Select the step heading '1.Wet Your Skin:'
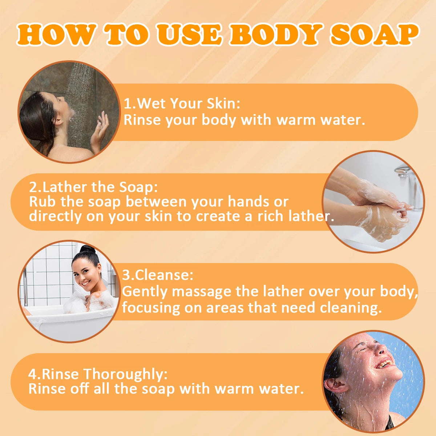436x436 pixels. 182,104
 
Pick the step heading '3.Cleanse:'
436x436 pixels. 157,275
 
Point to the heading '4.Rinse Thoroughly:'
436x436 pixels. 98,374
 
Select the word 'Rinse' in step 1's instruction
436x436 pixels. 143,120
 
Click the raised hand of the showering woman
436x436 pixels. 100,129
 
